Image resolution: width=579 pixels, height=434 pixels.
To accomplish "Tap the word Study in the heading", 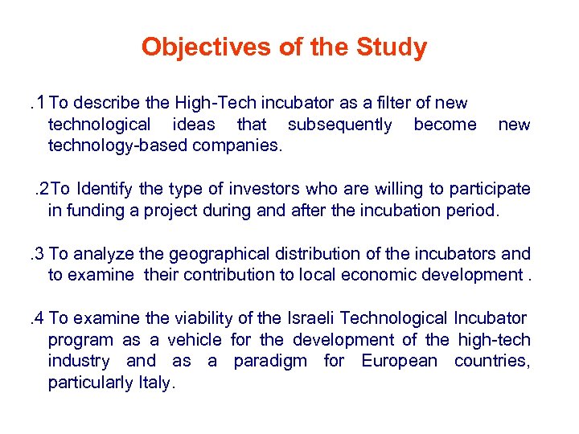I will point(391,47).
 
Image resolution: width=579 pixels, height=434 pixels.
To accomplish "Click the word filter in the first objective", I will point(380,103).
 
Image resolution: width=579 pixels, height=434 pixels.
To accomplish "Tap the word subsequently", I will point(340,125).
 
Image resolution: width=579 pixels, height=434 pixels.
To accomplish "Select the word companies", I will point(244,145).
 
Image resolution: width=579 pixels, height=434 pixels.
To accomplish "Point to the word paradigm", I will point(270,361).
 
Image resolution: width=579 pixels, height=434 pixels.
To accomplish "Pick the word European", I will point(399,361).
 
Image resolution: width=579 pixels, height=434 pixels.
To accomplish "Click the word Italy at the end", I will point(154,383).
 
